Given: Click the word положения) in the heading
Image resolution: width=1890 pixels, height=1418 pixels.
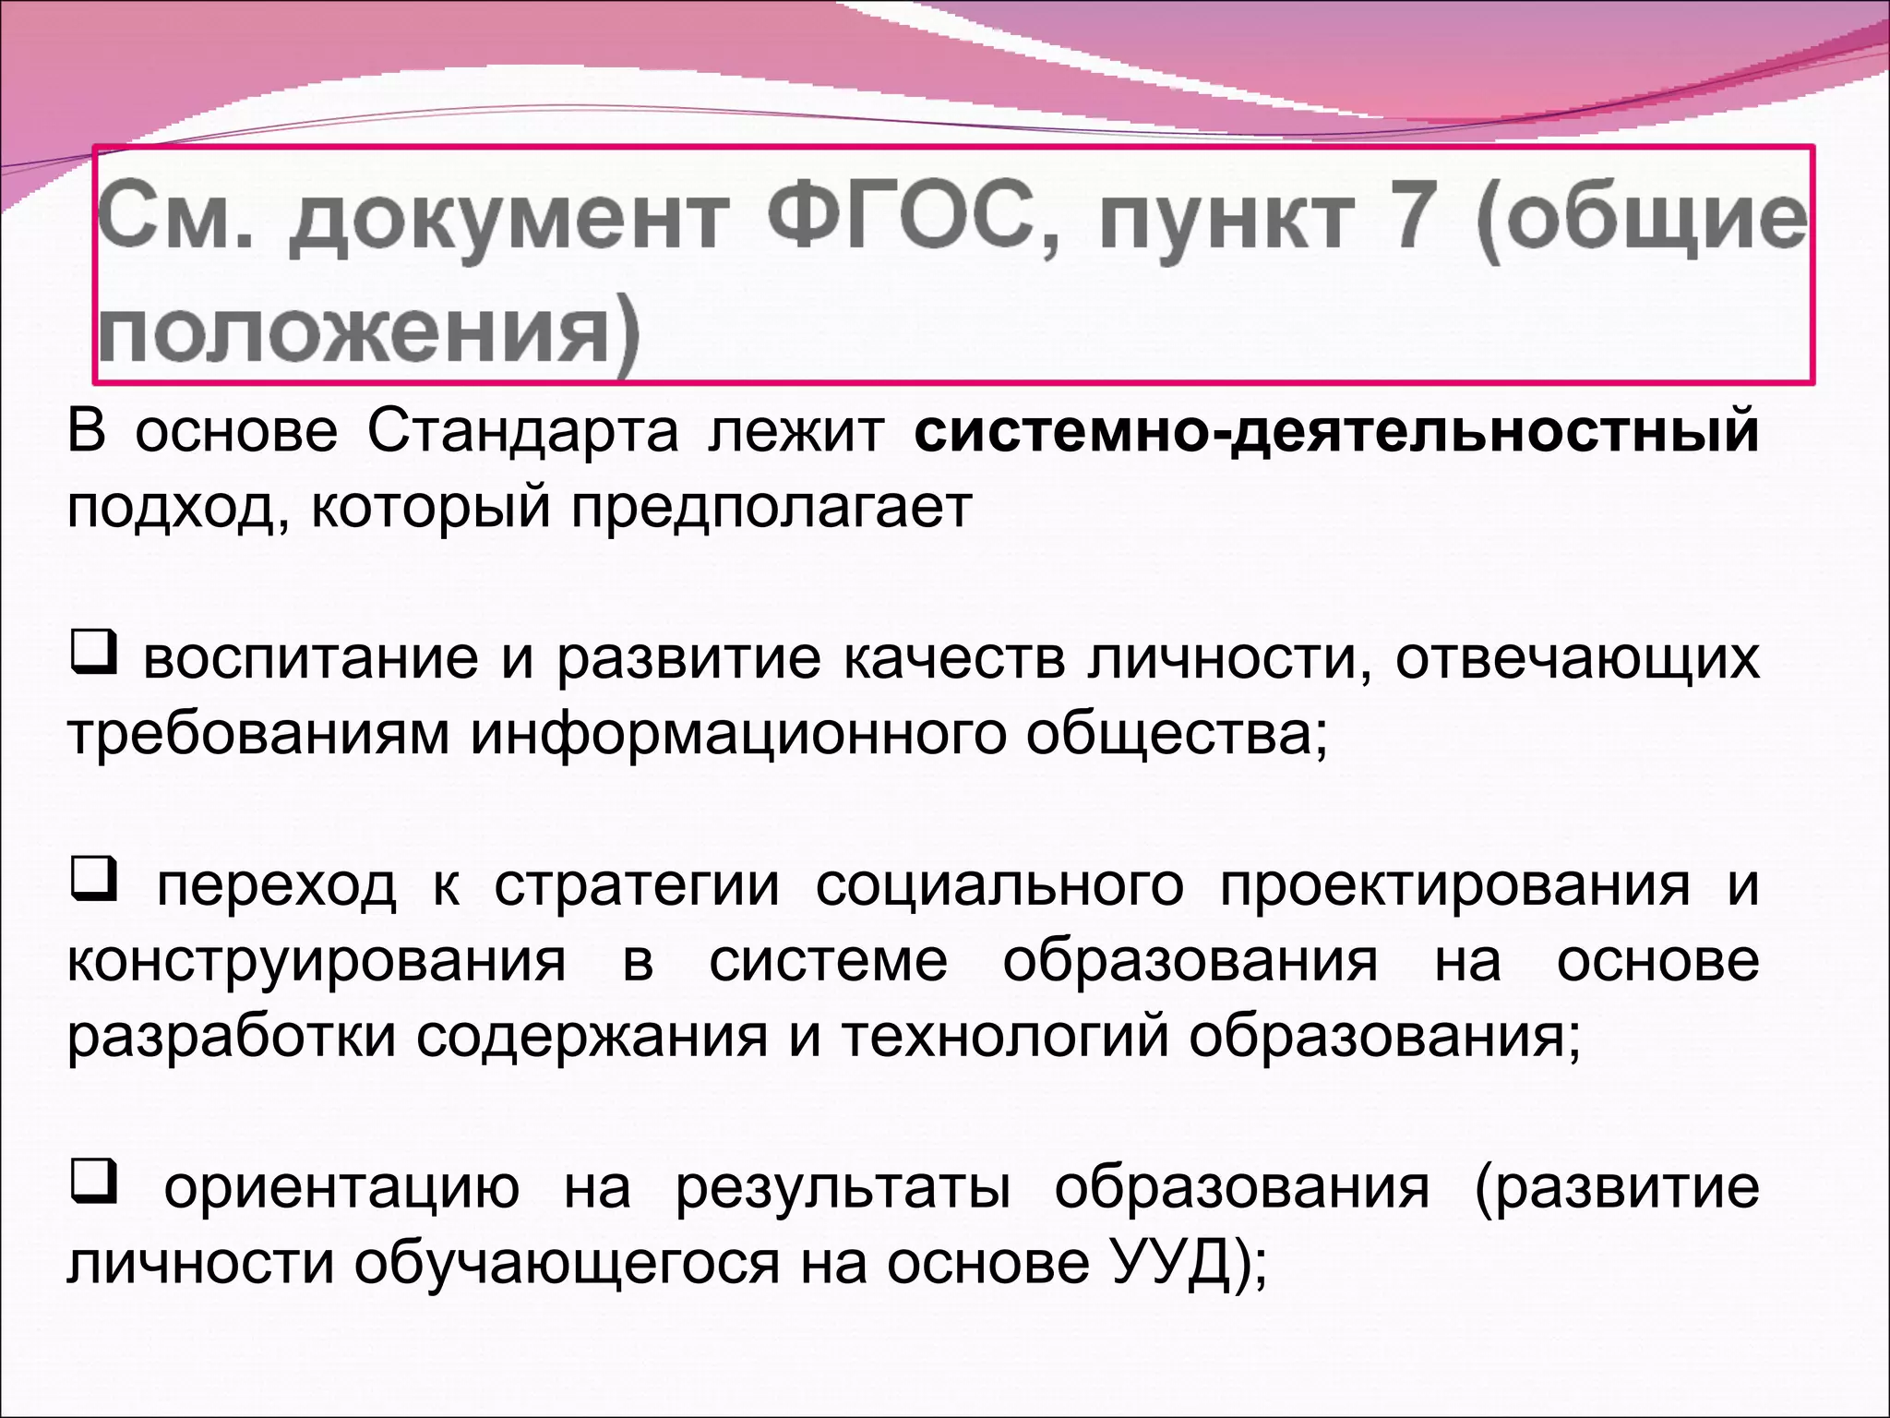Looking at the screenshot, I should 368,333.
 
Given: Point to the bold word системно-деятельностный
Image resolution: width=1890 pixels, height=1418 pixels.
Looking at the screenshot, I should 1336,431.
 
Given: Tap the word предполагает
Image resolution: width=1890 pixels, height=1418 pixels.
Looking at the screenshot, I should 772,508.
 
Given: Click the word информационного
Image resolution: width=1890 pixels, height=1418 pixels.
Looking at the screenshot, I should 737,736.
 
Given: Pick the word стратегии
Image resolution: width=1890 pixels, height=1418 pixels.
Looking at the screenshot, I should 637,886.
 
